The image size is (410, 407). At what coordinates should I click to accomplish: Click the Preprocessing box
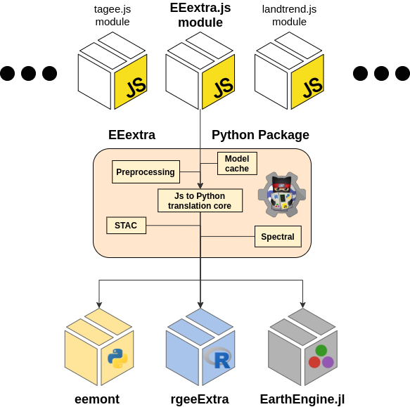[146, 172]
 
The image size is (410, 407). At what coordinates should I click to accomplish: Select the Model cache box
[237, 163]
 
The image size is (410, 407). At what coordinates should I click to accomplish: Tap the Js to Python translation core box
[200, 200]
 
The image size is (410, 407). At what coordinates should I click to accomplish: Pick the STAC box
[126, 226]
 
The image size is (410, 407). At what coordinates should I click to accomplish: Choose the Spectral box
[278, 237]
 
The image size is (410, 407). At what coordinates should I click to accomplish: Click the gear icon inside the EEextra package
[282, 193]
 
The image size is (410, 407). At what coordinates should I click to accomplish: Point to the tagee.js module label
[113, 15]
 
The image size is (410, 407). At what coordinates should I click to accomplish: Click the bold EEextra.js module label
[200, 15]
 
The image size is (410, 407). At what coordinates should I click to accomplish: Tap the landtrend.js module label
[289, 15]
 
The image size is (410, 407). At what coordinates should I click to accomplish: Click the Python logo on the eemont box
[117, 358]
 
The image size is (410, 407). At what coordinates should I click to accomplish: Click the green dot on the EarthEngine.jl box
[321, 350]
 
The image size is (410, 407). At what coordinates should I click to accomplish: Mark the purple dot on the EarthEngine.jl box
[328, 362]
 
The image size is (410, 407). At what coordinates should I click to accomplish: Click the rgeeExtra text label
[200, 399]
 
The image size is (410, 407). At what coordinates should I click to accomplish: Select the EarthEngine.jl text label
[302, 399]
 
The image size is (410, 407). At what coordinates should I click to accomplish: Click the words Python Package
[260, 135]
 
